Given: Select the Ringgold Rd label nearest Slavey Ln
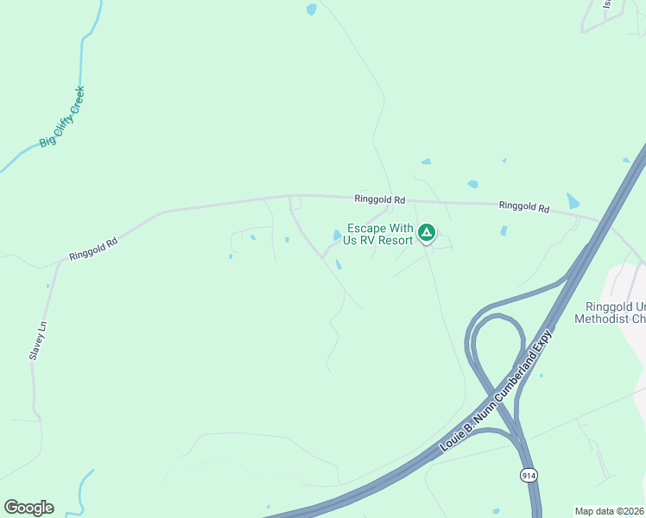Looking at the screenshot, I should click(93, 250).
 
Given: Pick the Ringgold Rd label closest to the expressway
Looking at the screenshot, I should click(524, 207).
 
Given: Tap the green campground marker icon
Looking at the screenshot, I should click(426, 232).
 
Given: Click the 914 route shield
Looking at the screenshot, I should click(528, 476).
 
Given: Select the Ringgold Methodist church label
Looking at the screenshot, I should click(610, 313).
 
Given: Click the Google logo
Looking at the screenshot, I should click(28, 508).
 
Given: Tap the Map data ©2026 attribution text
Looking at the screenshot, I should click(609, 511).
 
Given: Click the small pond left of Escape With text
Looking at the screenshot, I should click(337, 235).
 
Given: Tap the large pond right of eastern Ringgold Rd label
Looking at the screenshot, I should click(573, 201).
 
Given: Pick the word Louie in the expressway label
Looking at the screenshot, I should click(453, 439).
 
